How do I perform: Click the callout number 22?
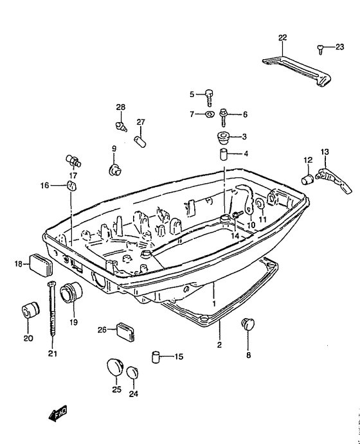pyautogui.click(x=282, y=38)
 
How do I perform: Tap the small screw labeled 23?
pyautogui.click(x=320, y=49)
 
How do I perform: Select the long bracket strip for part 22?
pyautogui.click(x=297, y=72)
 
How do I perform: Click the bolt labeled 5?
pyautogui.click(x=209, y=98)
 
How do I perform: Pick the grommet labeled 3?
pyautogui.click(x=223, y=138)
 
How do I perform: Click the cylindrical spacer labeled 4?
pyautogui.click(x=224, y=154)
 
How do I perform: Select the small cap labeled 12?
pyautogui.click(x=307, y=179)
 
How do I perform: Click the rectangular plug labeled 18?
pyautogui.click(x=41, y=265)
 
